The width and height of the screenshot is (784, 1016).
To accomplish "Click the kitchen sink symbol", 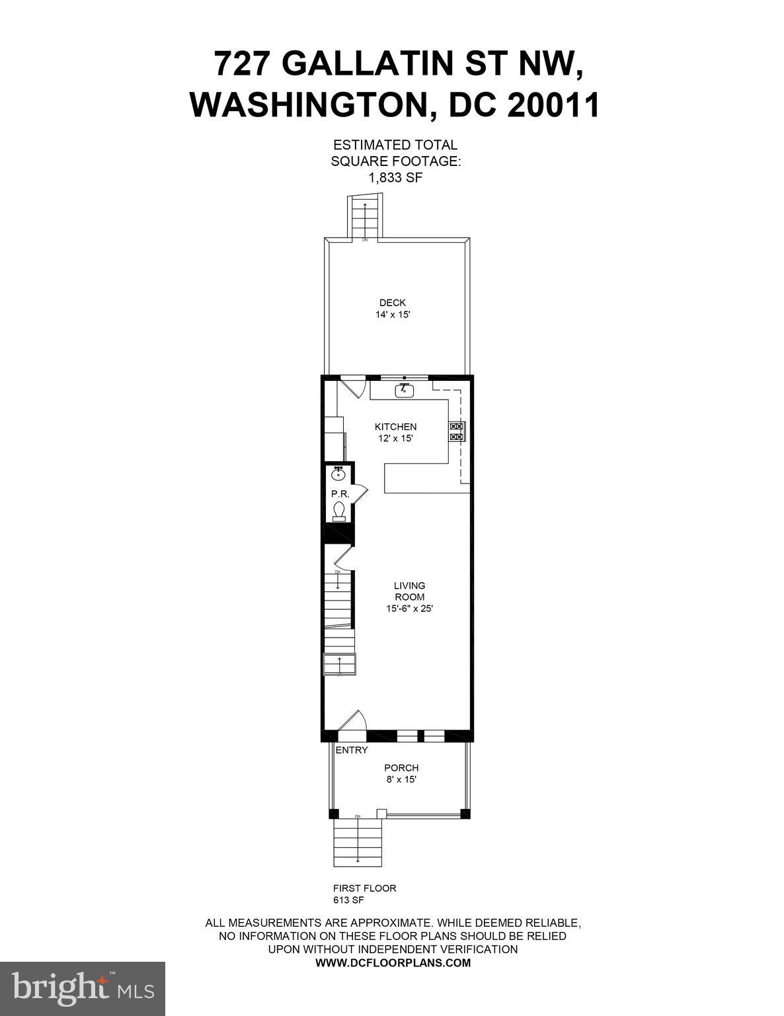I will pyautogui.click(x=404, y=391).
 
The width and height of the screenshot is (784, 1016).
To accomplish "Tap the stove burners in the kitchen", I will pyautogui.click(x=457, y=431).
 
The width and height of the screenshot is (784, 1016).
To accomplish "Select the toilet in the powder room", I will pyautogui.click(x=338, y=511).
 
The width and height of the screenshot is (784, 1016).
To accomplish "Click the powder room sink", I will pyautogui.click(x=338, y=473).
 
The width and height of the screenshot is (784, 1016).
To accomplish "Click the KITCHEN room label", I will pyautogui.click(x=395, y=427).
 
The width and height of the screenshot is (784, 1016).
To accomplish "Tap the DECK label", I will pyautogui.click(x=393, y=303).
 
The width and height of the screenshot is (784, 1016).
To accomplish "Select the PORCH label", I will pyautogui.click(x=401, y=768).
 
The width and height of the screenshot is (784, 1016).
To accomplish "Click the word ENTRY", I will pyautogui.click(x=352, y=750).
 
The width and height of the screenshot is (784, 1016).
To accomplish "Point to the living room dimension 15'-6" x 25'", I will pyautogui.click(x=409, y=609).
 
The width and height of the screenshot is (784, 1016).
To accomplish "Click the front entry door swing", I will pyautogui.click(x=352, y=722).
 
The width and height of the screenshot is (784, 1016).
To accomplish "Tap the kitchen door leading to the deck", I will pyautogui.click(x=352, y=386).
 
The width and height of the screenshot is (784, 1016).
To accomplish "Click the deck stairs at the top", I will pyautogui.click(x=365, y=216).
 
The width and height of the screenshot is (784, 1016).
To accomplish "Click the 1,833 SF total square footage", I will pyautogui.click(x=395, y=177).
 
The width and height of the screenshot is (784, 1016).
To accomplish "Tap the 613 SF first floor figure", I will pyautogui.click(x=348, y=900).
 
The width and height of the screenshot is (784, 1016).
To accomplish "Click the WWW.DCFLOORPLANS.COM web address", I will pyautogui.click(x=393, y=963).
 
